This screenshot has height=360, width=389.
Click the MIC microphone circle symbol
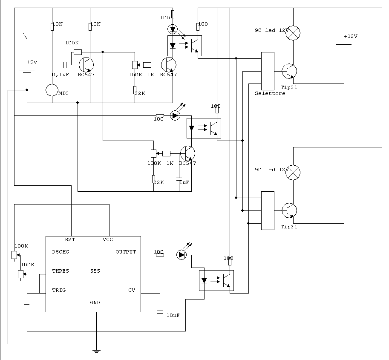coord(52,90)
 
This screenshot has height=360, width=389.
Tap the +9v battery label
coord(32,62)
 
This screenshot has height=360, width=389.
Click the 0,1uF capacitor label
coord(60,75)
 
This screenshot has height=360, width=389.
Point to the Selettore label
coord(270,93)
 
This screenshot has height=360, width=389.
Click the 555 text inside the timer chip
coord(95,271)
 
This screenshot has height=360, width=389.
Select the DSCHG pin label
coord(61,252)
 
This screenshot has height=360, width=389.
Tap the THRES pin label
coord(61,271)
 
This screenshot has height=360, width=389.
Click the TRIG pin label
coord(59,290)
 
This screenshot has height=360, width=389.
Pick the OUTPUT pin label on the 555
coord(126,252)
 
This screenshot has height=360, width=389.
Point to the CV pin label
coord(132,290)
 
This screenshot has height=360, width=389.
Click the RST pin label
coord(70,239)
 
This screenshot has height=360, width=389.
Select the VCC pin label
coord(108,239)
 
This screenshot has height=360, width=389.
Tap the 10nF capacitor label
coord(173,315)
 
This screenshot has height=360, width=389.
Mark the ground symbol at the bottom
coord(96,351)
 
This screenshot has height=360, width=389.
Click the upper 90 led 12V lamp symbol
coord(293,33)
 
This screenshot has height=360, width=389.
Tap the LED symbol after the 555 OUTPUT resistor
coord(182,255)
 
